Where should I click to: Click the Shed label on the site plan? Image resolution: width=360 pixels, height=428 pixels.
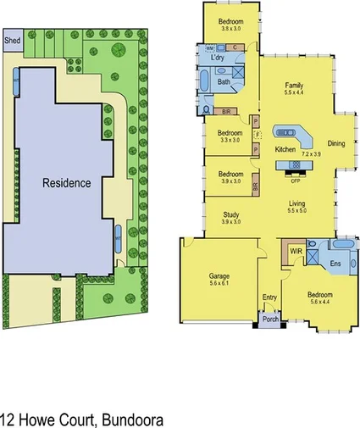point(13,39)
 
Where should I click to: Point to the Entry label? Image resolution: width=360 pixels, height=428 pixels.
point(270,297)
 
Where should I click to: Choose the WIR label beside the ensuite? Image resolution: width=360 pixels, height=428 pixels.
point(296,252)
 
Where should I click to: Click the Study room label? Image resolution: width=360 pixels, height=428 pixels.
point(231,215)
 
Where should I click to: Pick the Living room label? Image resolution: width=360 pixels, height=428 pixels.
point(296,203)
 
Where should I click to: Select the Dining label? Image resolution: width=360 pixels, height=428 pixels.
point(336,144)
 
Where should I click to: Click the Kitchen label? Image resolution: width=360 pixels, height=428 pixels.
point(285,149)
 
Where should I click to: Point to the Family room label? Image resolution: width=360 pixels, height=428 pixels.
point(294,86)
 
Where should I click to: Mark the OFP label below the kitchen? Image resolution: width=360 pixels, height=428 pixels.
point(296,181)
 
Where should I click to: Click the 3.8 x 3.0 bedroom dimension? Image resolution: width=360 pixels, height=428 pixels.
point(231,29)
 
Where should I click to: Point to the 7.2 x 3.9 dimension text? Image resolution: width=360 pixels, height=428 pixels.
point(311,154)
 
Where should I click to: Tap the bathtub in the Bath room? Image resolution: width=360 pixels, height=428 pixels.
point(208,82)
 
